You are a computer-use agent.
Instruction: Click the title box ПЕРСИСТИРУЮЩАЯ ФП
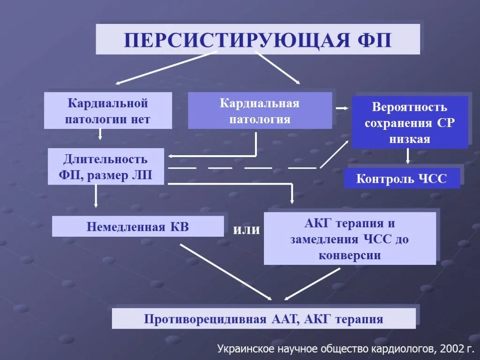click(257, 39)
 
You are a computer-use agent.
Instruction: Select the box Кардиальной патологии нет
click(108, 111)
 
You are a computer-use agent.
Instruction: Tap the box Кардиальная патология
click(260, 111)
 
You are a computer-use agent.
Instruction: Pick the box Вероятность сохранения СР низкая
click(410, 123)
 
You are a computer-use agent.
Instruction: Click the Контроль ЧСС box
click(402, 179)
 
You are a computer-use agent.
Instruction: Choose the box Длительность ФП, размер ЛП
click(106, 167)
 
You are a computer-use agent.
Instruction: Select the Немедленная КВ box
click(138, 227)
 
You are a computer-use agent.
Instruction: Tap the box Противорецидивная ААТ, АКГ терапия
click(263, 319)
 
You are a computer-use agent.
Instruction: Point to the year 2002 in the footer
click(452, 348)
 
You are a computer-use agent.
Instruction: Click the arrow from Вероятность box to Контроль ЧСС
click(407, 156)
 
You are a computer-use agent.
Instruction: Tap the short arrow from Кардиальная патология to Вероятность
click(342, 108)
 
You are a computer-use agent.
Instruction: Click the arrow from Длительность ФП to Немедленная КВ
click(96, 195)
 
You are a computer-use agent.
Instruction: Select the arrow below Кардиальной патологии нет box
click(100, 135)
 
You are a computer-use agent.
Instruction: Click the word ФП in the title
click(375, 40)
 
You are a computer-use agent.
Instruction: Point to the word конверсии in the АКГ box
click(350, 255)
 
